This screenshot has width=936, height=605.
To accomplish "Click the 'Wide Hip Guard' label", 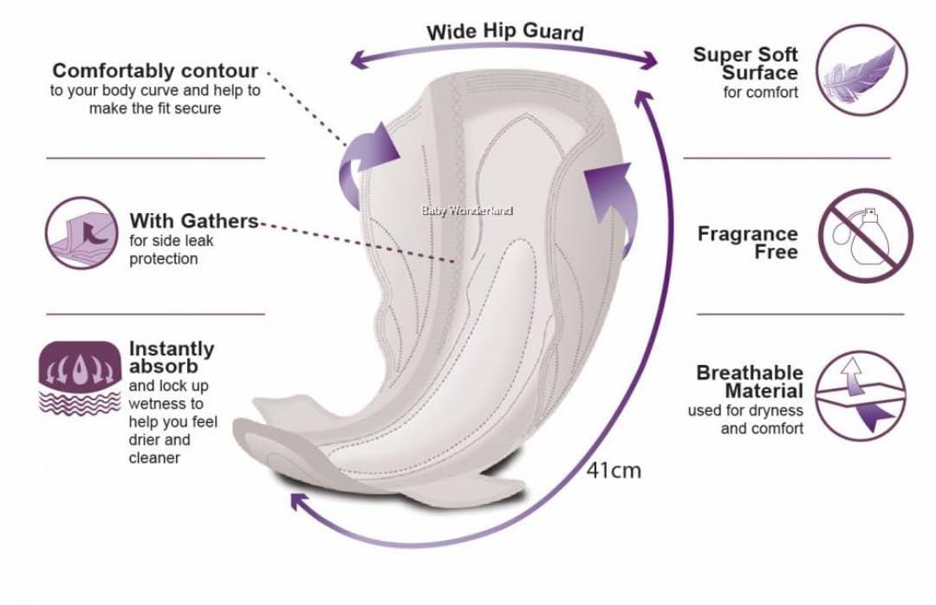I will [x=505, y=32].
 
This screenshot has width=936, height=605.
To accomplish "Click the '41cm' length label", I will [x=614, y=471].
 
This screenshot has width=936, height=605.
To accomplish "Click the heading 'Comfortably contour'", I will [x=155, y=70].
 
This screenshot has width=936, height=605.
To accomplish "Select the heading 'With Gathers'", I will [x=194, y=221].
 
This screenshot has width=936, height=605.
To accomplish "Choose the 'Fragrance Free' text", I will [x=747, y=243].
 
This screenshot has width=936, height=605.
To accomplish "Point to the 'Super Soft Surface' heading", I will [x=744, y=63].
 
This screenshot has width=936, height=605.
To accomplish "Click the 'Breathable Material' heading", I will [x=750, y=381].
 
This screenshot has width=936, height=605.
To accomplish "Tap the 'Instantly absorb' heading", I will [x=172, y=357].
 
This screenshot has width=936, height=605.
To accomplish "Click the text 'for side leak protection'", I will [x=171, y=250].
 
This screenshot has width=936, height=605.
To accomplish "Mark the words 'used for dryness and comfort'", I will [x=745, y=419].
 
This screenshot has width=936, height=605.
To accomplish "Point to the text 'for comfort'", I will [x=760, y=92].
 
